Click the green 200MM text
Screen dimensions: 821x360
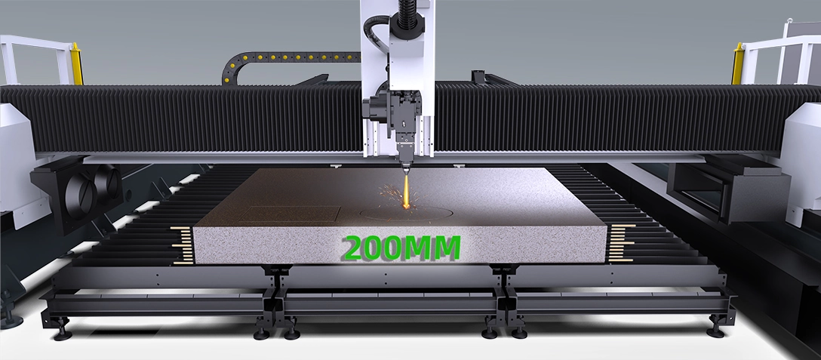(402, 248)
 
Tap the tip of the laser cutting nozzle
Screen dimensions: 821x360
(406, 173)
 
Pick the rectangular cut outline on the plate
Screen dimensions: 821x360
(291, 214)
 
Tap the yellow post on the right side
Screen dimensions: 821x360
(738, 64)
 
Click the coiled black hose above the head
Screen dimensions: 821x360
(407, 14)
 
